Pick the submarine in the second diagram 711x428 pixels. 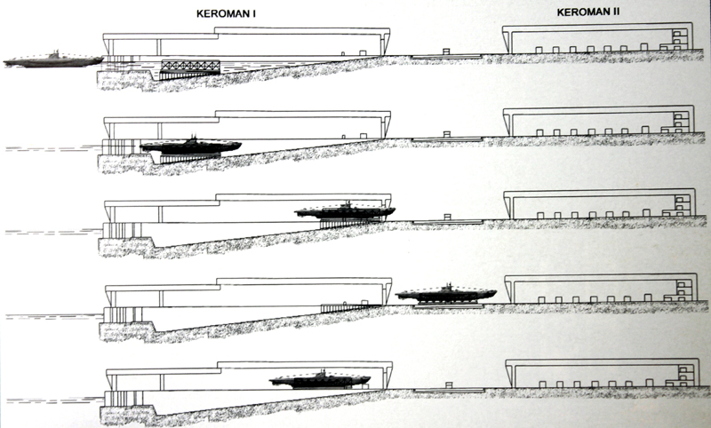point(189,146)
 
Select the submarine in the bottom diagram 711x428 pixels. point(320,380)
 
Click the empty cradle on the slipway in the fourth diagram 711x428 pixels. point(343,307)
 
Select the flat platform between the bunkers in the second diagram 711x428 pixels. point(446,139)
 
